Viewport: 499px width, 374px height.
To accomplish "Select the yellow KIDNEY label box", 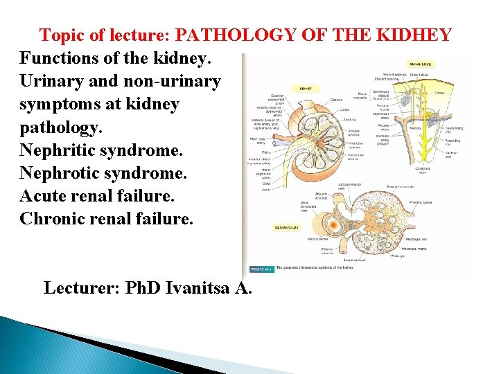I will click(305, 89).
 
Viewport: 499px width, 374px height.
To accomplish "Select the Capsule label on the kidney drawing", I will click(336, 99).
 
